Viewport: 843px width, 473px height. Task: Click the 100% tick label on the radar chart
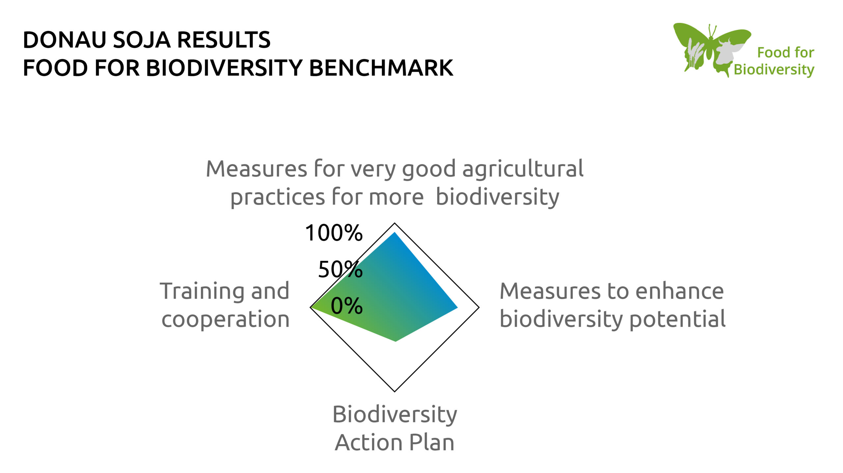334,233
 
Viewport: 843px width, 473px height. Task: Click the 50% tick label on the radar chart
340,269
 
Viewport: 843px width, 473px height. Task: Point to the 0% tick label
346,306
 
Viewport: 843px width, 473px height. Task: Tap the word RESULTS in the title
224,40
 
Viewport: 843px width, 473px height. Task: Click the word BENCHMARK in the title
381,68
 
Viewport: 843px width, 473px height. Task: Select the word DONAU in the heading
65,40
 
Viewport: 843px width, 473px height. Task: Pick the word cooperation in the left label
225,319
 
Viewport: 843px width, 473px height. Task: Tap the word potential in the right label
677,319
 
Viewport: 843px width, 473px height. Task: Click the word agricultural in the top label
523,169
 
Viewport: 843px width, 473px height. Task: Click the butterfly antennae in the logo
712,30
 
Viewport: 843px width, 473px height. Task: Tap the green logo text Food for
785,53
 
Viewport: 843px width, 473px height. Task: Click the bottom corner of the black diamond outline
394,391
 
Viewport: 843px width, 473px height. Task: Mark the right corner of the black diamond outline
478,308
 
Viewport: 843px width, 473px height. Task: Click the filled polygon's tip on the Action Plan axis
395,341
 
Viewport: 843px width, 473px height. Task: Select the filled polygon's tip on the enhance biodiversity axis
457,308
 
